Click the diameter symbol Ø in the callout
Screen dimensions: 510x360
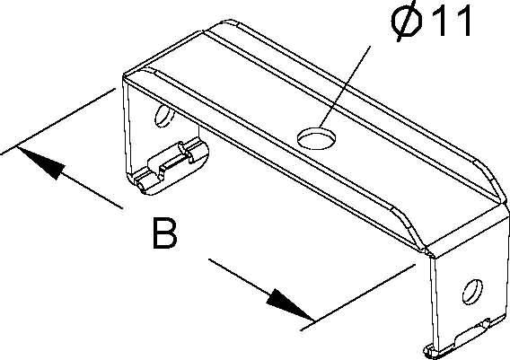tap(407, 22)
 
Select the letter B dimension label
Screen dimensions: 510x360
tap(165, 233)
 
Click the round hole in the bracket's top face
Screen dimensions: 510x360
tap(317, 138)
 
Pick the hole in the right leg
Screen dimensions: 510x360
tap(472, 292)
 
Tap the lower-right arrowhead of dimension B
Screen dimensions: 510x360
tap(290, 304)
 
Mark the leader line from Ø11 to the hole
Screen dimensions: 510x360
tap(345, 86)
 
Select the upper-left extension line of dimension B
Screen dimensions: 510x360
tap(57, 121)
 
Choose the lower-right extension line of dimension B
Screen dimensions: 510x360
tap(357, 297)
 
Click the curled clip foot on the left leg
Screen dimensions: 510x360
tap(169, 168)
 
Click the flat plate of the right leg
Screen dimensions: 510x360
tap(469, 293)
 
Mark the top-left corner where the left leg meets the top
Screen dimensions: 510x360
tap(124, 77)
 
